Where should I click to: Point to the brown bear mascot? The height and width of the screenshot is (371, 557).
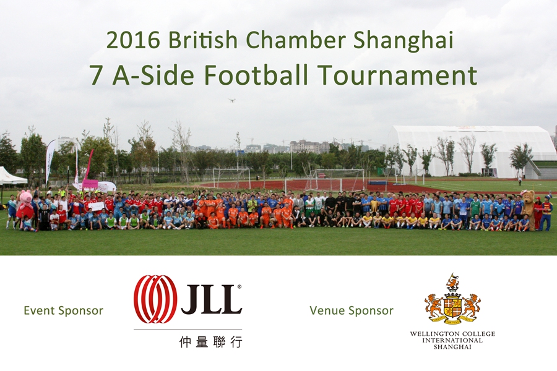pos(529,210)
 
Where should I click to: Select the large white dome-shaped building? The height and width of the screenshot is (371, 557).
pos(469,151)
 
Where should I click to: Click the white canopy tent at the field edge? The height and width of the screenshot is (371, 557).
pos(12,176)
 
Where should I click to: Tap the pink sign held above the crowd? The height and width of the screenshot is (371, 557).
pos(90,184)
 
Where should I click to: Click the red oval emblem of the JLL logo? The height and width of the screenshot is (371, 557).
pos(155,299)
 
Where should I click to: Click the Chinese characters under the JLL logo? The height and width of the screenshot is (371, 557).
pos(211,341)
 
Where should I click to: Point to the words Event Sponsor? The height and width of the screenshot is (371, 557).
pos(64,310)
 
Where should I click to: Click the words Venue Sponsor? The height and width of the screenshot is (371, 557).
pos(352,310)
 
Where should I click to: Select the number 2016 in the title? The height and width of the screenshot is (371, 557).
pos(133,40)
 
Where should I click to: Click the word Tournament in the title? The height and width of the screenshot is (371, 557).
pos(397,75)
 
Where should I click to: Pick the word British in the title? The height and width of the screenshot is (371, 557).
pos(203,40)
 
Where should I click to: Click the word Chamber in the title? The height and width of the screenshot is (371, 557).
pos(296,40)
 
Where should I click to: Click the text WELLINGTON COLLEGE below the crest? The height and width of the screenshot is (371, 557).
pos(452,334)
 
